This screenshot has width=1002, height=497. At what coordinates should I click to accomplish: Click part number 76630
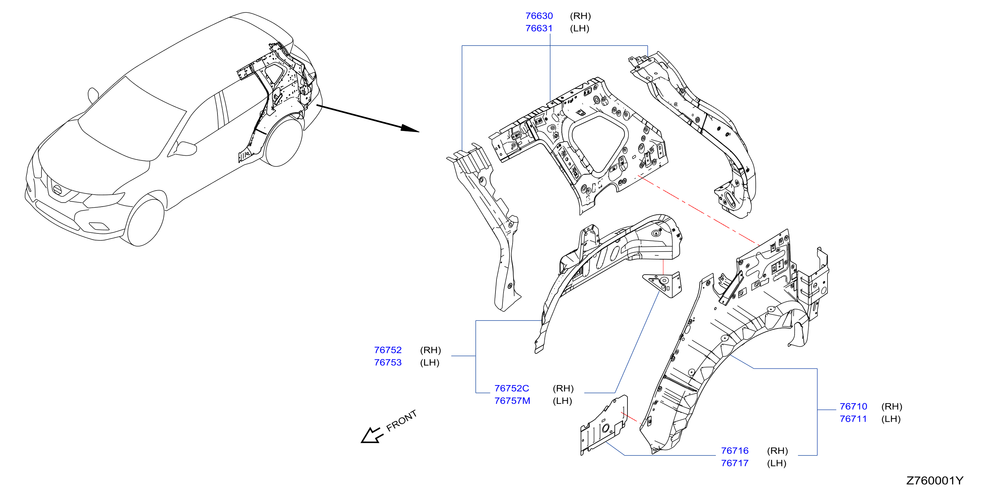tap(539, 16)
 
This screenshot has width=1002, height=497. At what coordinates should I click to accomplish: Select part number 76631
tap(539, 28)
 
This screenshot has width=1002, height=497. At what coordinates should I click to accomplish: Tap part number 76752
tap(388, 350)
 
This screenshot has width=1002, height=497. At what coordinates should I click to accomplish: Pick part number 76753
tap(388, 362)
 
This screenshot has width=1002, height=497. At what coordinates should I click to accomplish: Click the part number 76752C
tap(512, 388)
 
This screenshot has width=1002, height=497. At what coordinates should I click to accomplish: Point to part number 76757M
tap(512, 401)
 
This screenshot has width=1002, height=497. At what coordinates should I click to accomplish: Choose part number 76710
tap(853, 406)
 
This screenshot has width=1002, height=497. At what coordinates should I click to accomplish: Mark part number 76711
tap(853, 419)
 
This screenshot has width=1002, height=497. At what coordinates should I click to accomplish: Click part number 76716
tap(735, 451)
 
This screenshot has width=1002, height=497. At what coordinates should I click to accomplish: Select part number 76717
tap(735, 463)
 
